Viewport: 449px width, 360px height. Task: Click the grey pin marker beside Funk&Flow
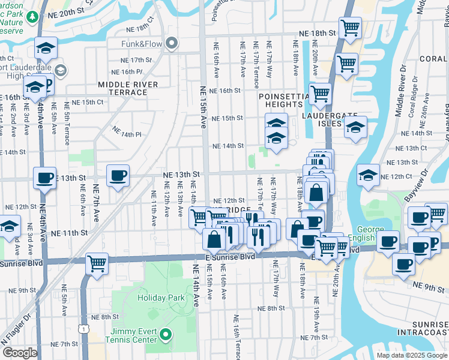[x=172, y=43]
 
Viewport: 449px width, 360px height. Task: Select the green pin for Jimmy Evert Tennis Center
[x=167, y=335]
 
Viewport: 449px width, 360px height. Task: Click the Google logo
[x=20, y=353]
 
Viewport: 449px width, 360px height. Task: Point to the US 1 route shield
[x=86, y=328]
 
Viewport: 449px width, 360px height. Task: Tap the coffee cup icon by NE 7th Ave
[x=118, y=176]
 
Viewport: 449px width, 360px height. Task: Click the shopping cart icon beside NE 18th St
[x=349, y=28]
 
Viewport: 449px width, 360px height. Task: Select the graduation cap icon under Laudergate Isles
[x=355, y=127]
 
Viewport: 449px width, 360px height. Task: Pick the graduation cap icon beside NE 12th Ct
[x=368, y=175]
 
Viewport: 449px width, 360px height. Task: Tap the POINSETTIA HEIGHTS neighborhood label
[x=280, y=100]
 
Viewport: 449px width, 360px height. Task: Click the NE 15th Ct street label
[x=88, y=102]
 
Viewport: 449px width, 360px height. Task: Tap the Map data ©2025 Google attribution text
[x=411, y=355]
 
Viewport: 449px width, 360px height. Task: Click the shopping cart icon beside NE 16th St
[x=320, y=94]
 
